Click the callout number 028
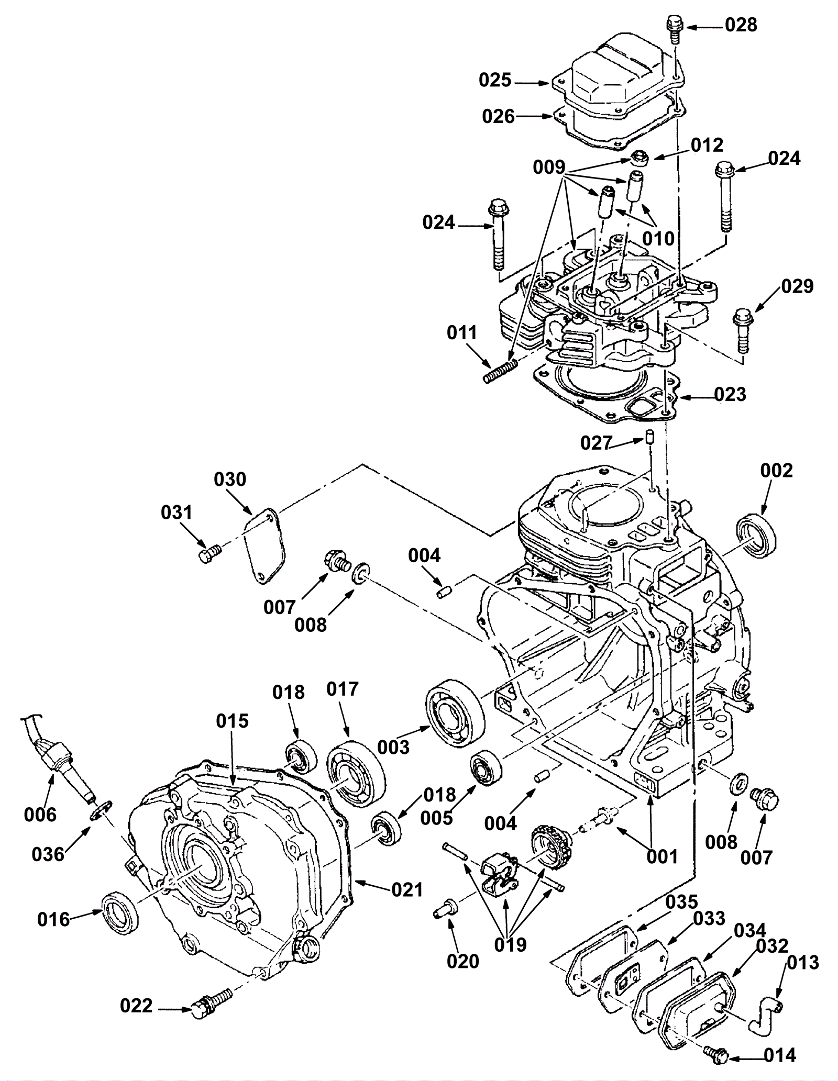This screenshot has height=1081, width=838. coord(741,25)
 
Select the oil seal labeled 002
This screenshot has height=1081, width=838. coord(757,536)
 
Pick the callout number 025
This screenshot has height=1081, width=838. coord(495,80)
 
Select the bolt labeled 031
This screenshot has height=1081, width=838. coord(211,553)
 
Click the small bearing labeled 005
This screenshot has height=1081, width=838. coord(486,768)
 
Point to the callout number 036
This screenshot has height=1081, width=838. coord(48,854)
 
